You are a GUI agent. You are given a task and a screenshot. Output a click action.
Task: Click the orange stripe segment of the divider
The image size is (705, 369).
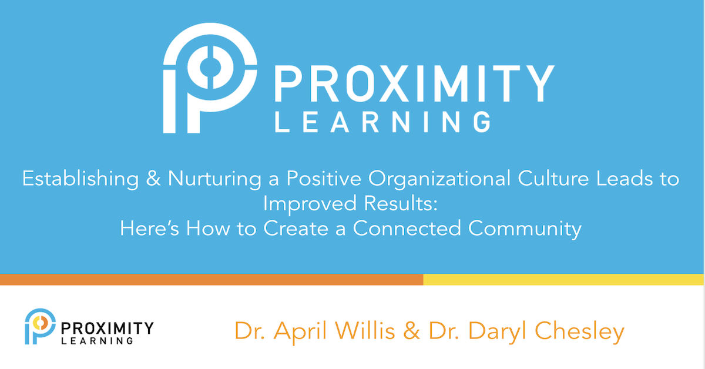tap(211, 279)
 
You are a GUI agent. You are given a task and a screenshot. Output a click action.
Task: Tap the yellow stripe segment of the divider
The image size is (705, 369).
tap(564, 279)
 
